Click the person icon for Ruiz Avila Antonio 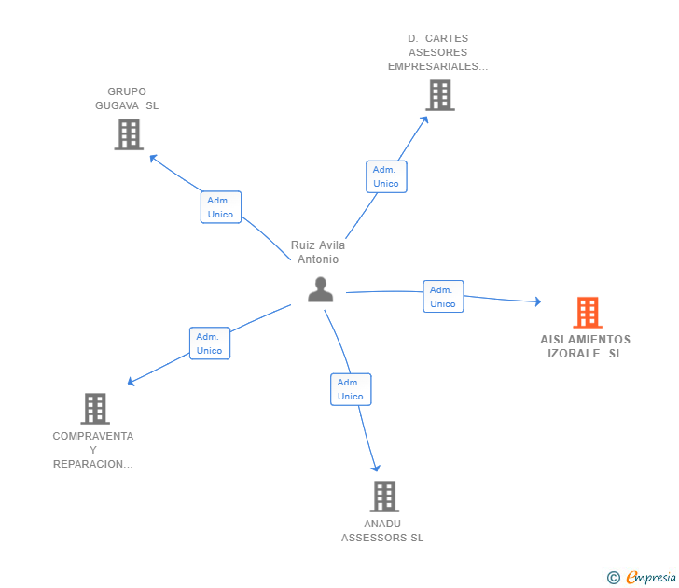[320, 290]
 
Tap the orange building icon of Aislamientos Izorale [588, 312]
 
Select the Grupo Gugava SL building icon [128, 134]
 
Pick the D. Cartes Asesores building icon [439, 95]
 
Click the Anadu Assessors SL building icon [383, 497]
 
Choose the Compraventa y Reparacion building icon [95, 409]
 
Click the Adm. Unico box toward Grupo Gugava [221, 207]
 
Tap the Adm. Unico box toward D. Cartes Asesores [386, 176]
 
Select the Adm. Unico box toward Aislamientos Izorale [443, 297]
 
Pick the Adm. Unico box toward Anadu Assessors [351, 389]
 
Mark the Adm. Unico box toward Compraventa [210, 343]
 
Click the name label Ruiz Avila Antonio [317, 252]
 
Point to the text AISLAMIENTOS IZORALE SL [585, 346]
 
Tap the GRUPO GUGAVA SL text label [127, 99]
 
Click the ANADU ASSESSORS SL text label [382, 530]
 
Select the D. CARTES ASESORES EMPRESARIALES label [437, 52]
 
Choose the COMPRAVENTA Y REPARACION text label [93, 450]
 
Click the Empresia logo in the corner [651, 578]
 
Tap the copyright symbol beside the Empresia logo [614, 578]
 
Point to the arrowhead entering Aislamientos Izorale [536, 301]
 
